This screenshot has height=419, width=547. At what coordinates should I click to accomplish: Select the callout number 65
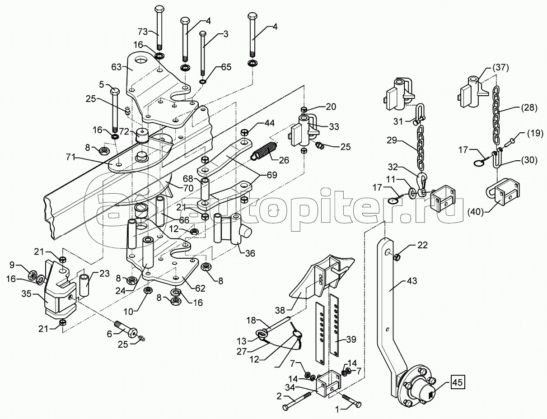click(x=226, y=67)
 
